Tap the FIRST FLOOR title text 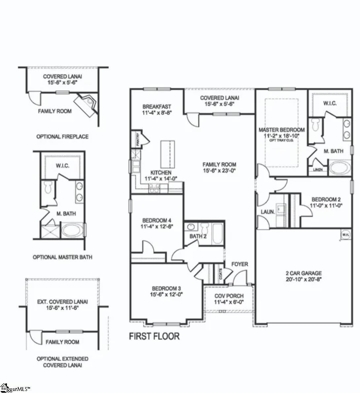coord(154,336)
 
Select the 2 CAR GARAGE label coord(304,273)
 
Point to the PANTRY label coord(138,139)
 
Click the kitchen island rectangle coord(167,154)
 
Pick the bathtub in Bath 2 coord(218,234)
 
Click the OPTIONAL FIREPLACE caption coord(62,136)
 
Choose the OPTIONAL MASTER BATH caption coord(62,257)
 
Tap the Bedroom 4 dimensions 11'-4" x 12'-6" coord(157,227)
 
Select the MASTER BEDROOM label coord(281,130)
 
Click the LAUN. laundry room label coord(268,212)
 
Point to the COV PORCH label coord(229,296)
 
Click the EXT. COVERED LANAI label coord(62,302)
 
